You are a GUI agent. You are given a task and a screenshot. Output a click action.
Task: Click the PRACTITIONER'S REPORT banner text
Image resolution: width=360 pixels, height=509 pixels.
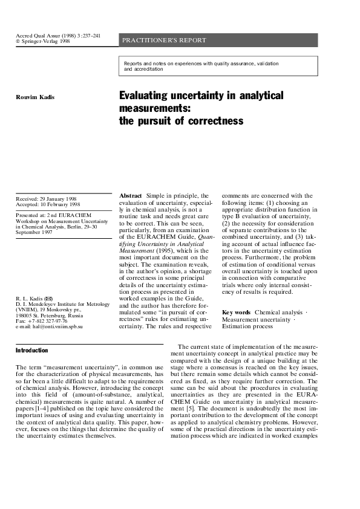click(x=164, y=41)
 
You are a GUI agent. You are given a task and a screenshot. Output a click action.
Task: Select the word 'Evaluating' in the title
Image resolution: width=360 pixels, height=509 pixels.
click(x=145, y=96)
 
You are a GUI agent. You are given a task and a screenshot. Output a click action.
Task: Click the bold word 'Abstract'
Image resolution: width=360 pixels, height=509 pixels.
click(x=131, y=196)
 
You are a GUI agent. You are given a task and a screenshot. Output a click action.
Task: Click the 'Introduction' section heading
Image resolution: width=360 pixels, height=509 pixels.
click(x=31, y=350)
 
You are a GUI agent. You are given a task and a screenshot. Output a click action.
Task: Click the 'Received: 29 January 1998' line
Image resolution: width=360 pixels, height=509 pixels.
click(x=47, y=199)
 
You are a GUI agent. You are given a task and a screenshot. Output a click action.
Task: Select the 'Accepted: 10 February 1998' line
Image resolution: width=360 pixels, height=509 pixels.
click(x=48, y=205)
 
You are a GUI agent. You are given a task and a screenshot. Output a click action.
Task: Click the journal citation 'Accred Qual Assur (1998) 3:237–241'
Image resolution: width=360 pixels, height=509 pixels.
click(x=57, y=36)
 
